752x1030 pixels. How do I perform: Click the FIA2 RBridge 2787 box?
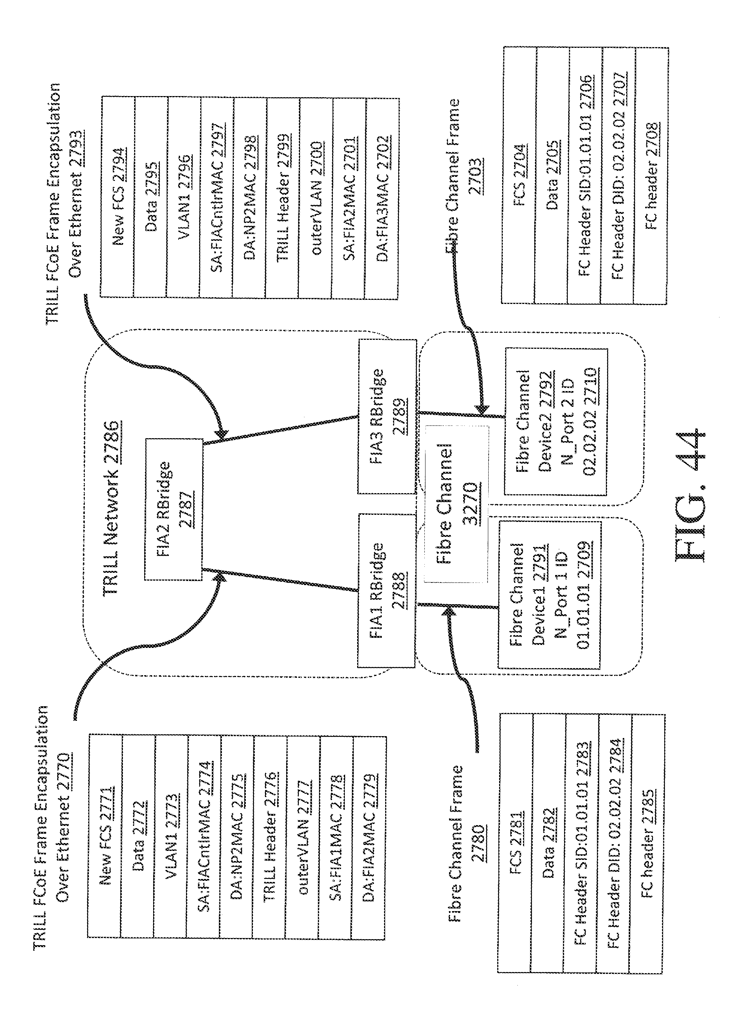coord(173,509)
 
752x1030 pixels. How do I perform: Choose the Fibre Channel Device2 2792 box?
coord(556,422)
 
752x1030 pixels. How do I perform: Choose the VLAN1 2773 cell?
coord(171,836)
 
